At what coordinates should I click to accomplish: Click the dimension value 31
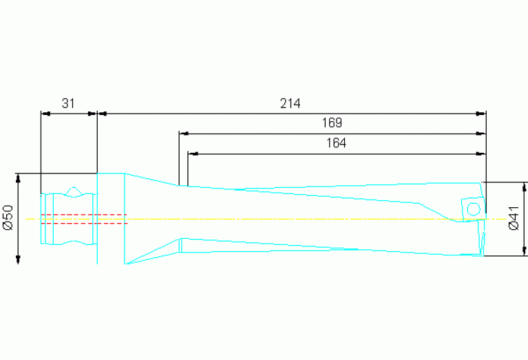67,104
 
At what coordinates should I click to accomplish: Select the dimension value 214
290,104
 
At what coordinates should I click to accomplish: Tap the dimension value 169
332,123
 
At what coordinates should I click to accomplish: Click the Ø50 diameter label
8,217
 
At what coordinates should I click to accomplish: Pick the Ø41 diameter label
514,218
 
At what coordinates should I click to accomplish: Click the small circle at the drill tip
474,208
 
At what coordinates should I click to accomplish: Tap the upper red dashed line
83,215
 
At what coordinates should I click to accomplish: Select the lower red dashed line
83,223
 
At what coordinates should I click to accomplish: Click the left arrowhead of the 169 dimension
183,134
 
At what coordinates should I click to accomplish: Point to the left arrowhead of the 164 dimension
192,153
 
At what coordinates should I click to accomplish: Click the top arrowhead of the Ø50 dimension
18,177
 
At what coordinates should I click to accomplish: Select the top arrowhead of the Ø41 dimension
525,186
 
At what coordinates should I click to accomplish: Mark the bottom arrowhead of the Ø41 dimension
525,252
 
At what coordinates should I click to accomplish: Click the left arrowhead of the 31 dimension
45,114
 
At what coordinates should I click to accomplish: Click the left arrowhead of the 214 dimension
101,114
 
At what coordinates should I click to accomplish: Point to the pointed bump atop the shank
74,189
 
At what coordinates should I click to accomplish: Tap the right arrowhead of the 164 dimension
481,153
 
